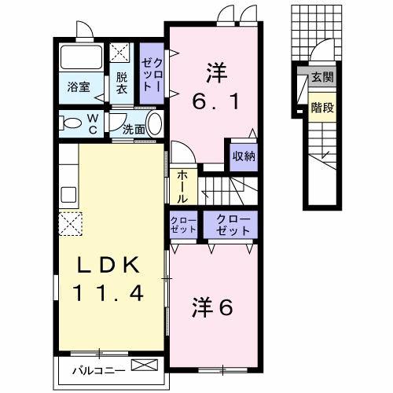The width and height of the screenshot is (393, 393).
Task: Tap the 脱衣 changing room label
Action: pos(122,83)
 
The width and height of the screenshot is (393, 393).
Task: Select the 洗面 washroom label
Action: pos(133,130)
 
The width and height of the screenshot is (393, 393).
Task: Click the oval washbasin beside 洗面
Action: pos(154,124)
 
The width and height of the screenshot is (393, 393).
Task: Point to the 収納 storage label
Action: pos(243,156)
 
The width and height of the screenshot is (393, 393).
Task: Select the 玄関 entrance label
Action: pos(322,78)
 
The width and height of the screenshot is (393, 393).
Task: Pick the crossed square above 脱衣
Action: pos(121,53)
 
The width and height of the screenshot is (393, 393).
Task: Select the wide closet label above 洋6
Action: pos(228,225)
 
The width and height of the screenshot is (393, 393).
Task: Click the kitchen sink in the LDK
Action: pos(67,194)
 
